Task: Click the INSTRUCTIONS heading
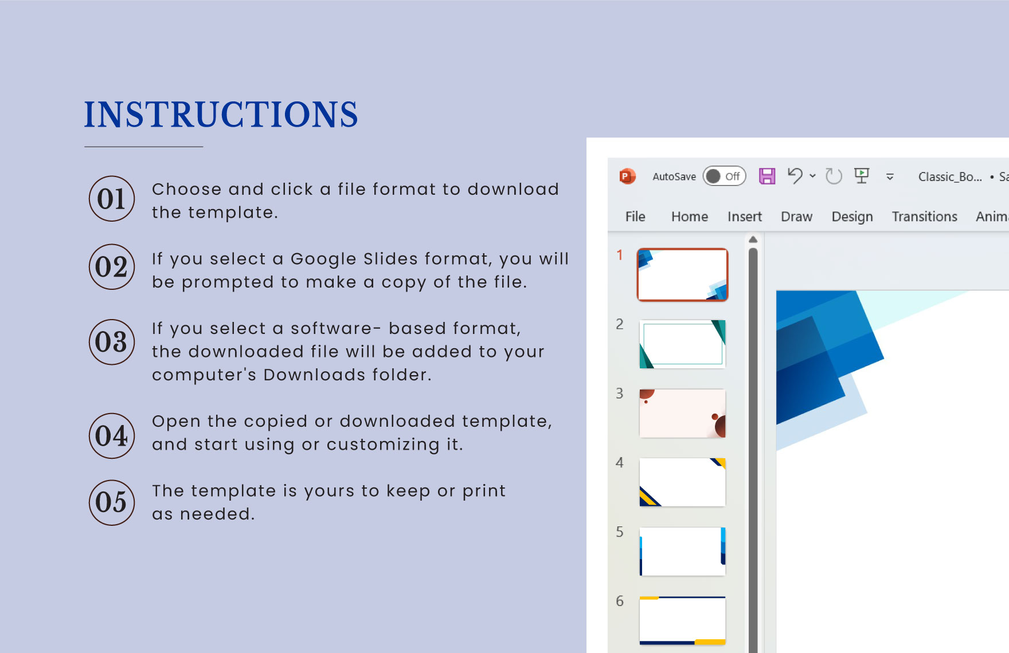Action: [221, 114]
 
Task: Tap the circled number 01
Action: [112, 199]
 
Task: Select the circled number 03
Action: [112, 342]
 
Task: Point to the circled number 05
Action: [112, 502]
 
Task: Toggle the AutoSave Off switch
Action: [725, 176]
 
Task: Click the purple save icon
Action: [767, 176]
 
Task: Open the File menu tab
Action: [635, 217]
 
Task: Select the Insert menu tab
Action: [745, 217]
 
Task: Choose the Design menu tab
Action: [852, 217]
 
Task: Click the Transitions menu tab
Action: [925, 217]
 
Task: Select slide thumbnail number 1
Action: [682, 275]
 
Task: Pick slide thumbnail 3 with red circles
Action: [682, 414]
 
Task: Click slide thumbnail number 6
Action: [682, 621]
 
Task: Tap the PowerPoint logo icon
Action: [628, 176]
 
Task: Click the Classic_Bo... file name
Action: [950, 177]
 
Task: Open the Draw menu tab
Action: [797, 217]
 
